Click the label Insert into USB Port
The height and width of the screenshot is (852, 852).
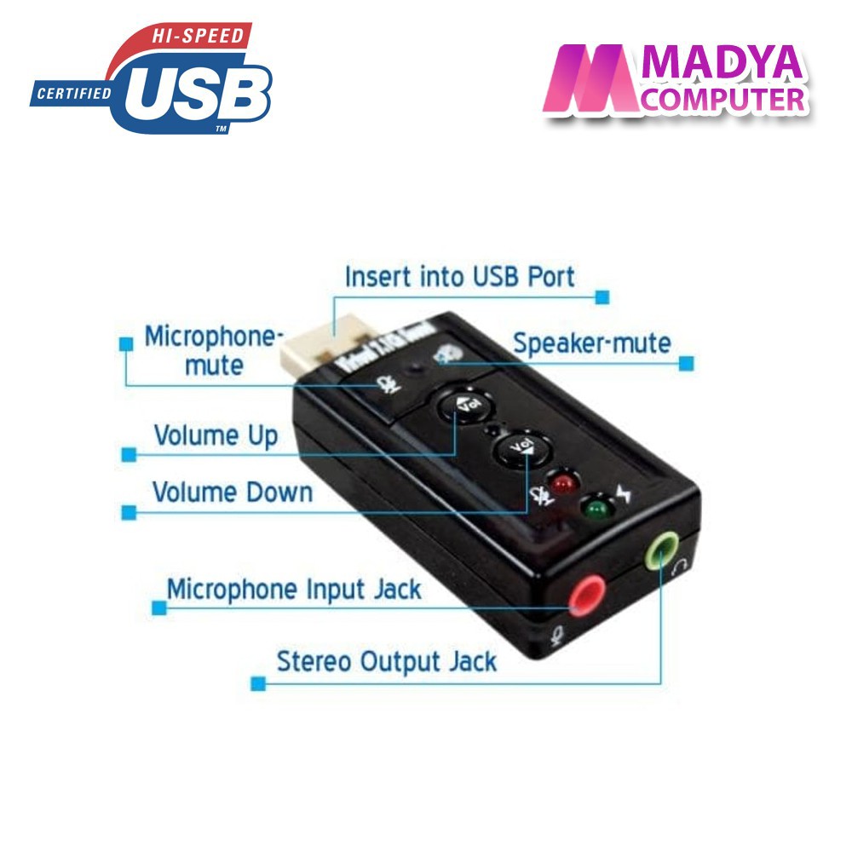[459, 276]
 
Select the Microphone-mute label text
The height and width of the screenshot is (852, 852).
[212, 349]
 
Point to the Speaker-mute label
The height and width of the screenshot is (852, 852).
[591, 343]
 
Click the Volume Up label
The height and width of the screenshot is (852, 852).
[216, 435]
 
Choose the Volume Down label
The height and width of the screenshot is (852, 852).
[233, 492]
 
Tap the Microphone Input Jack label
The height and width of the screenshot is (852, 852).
[293, 590]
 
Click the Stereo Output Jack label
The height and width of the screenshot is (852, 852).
[386, 661]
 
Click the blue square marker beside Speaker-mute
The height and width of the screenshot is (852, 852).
[687, 364]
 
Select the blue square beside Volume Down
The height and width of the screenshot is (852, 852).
[129, 513]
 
